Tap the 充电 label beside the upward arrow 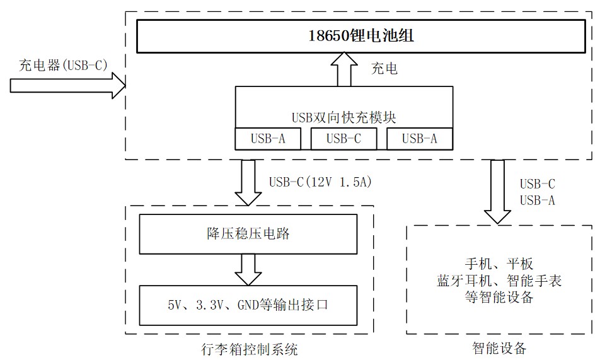(x=384, y=69)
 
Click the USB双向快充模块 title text (x=343, y=117)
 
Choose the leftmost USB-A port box (x=268, y=139)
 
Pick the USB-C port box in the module (x=343, y=139)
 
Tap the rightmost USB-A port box (x=419, y=139)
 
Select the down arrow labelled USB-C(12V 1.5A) (x=248, y=182)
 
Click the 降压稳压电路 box (x=248, y=235)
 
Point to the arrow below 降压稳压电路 (x=248, y=269)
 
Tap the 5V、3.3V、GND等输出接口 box (x=248, y=305)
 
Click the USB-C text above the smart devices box (x=537, y=184)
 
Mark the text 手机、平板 (x=498, y=265)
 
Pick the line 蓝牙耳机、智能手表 (x=498, y=281)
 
